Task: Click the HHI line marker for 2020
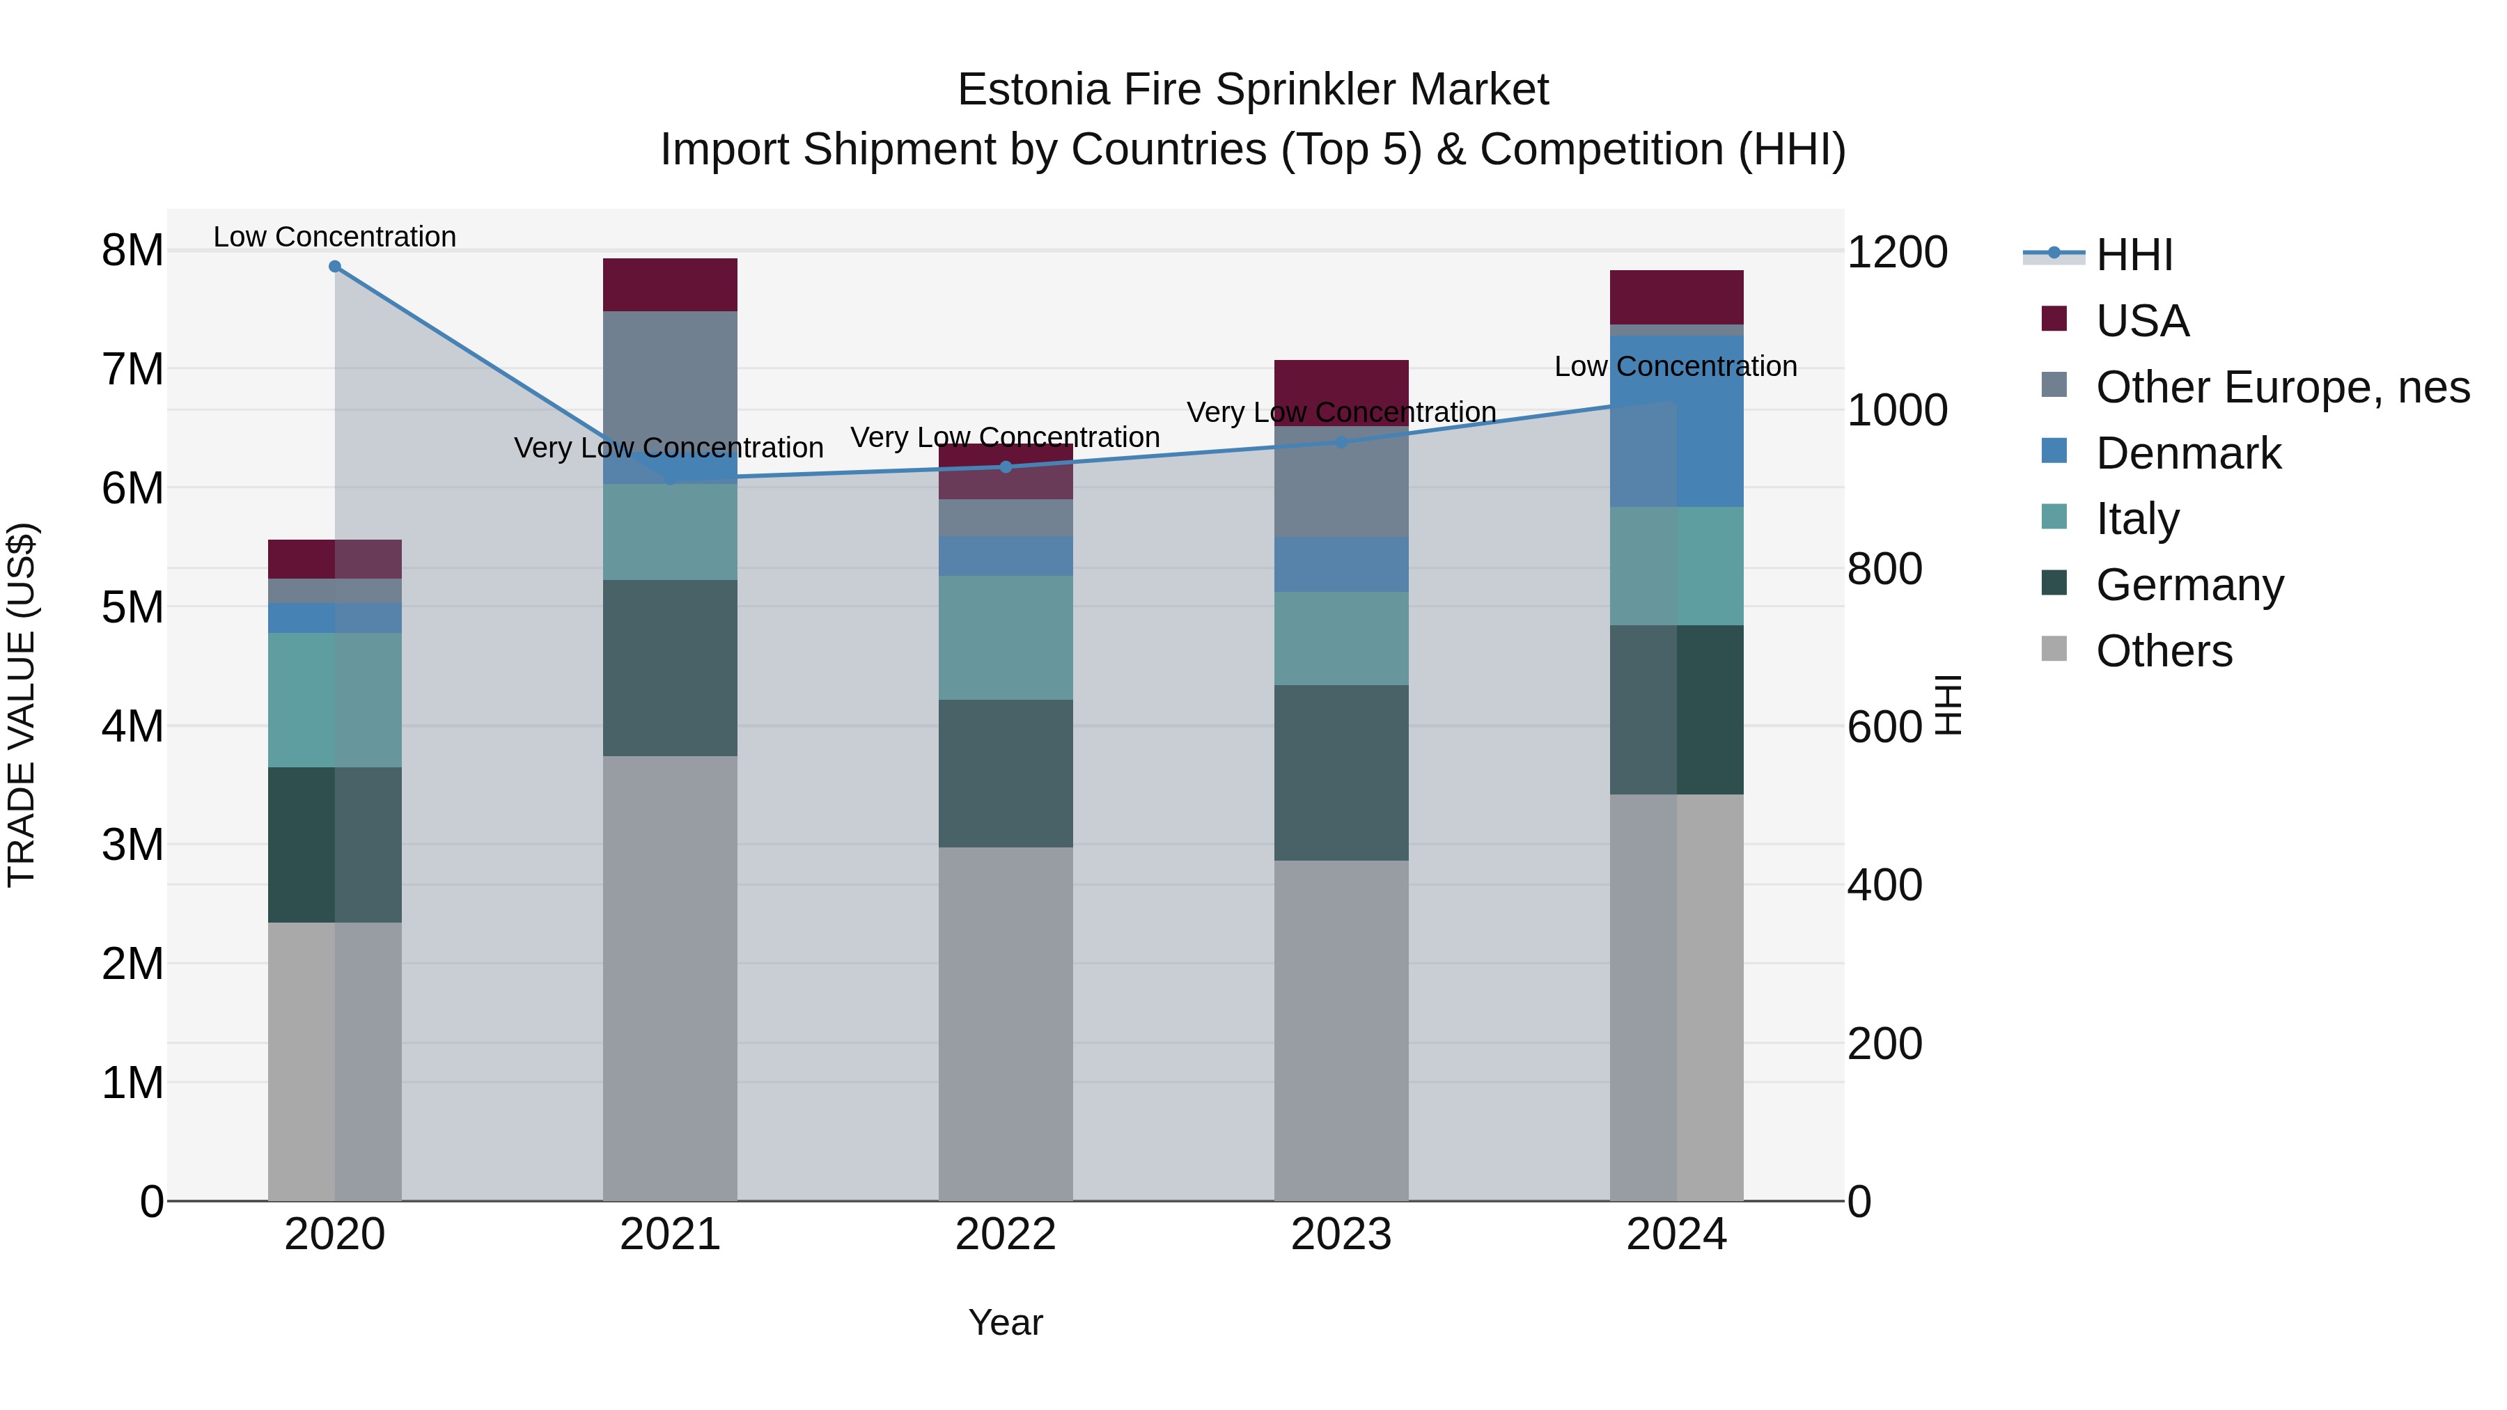tap(335, 266)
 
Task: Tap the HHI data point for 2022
tap(1006, 467)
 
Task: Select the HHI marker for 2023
tap(1341, 441)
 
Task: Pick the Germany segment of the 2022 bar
tap(1006, 773)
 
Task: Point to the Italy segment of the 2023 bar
tap(1341, 639)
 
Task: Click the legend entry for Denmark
tap(2188, 453)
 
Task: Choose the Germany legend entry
tap(2189, 585)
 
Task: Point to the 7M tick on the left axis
tap(132, 370)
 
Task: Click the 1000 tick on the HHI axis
tap(1897, 411)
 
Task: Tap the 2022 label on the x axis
tap(1006, 1235)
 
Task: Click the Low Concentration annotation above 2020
tap(335, 237)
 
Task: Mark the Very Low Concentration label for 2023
tap(1341, 413)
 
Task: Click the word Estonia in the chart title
tap(1033, 90)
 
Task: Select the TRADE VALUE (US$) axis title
tap(22, 705)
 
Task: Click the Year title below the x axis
tap(1006, 1322)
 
